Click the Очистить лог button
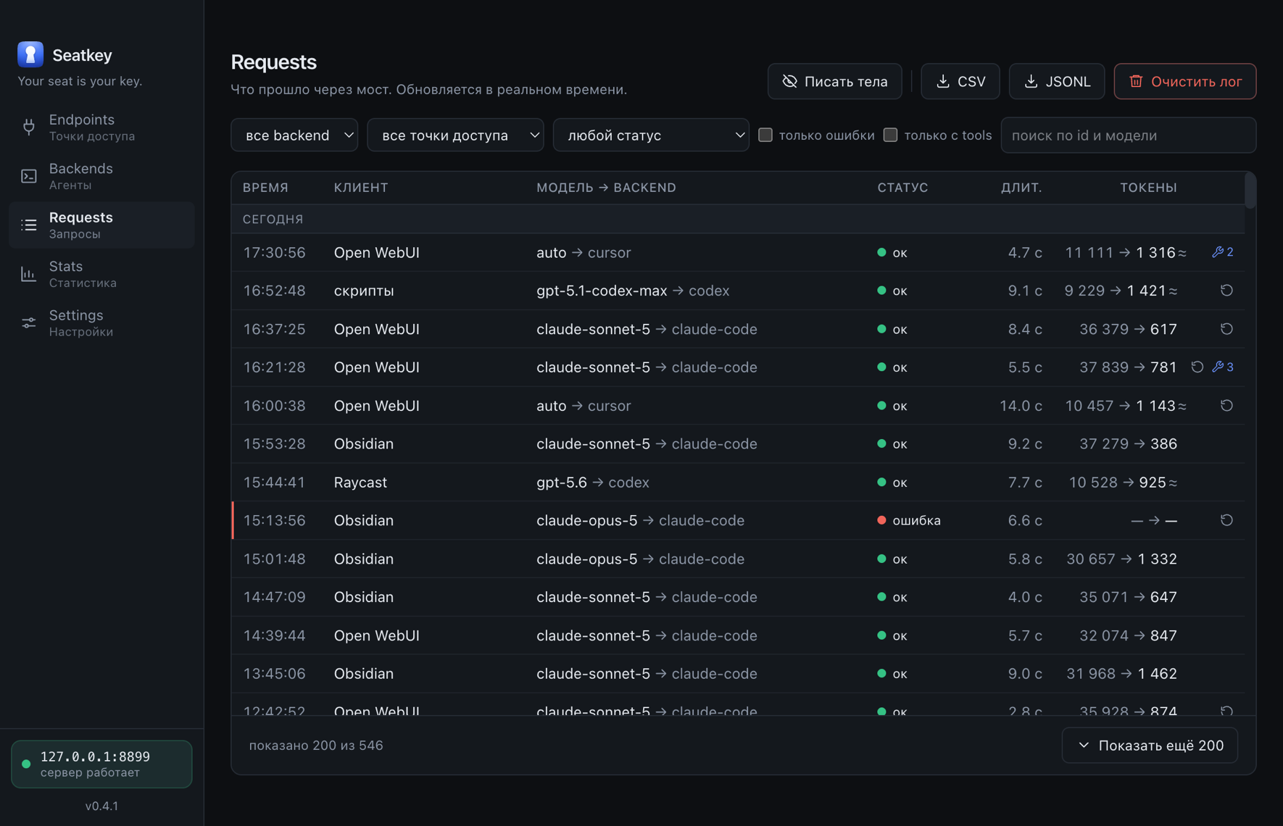1184,81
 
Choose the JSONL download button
1057,81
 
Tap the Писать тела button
834,81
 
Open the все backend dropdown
294,135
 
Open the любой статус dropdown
651,135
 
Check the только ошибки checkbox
765,135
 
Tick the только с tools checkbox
890,135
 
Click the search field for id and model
1128,135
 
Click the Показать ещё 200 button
1150,745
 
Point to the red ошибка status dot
881,520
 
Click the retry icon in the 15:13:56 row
1226,520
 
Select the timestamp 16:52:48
274,291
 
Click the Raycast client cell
360,482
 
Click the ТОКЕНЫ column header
1148,188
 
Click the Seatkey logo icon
30,54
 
